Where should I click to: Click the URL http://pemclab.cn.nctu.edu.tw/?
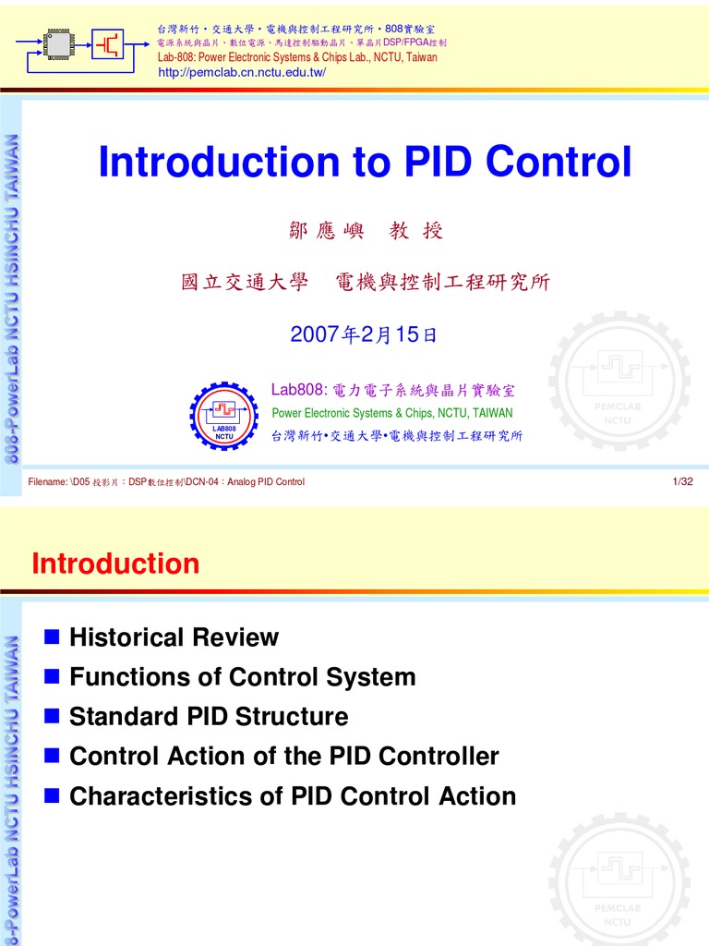(x=243, y=72)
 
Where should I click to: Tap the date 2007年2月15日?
(x=364, y=334)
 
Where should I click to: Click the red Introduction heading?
(x=115, y=564)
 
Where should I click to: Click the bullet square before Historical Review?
(x=52, y=637)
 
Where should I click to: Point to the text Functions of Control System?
(x=242, y=677)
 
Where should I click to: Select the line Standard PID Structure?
(x=209, y=717)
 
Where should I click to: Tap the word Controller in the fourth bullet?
(x=439, y=757)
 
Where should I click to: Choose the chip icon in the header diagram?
(x=59, y=41)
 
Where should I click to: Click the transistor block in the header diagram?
(x=109, y=41)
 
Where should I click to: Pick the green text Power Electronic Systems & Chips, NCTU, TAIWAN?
(x=391, y=413)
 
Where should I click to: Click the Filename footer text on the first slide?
(x=166, y=481)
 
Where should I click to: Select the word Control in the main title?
(x=560, y=163)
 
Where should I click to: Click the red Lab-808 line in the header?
(x=297, y=57)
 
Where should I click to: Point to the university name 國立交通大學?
(x=244, y=283)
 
